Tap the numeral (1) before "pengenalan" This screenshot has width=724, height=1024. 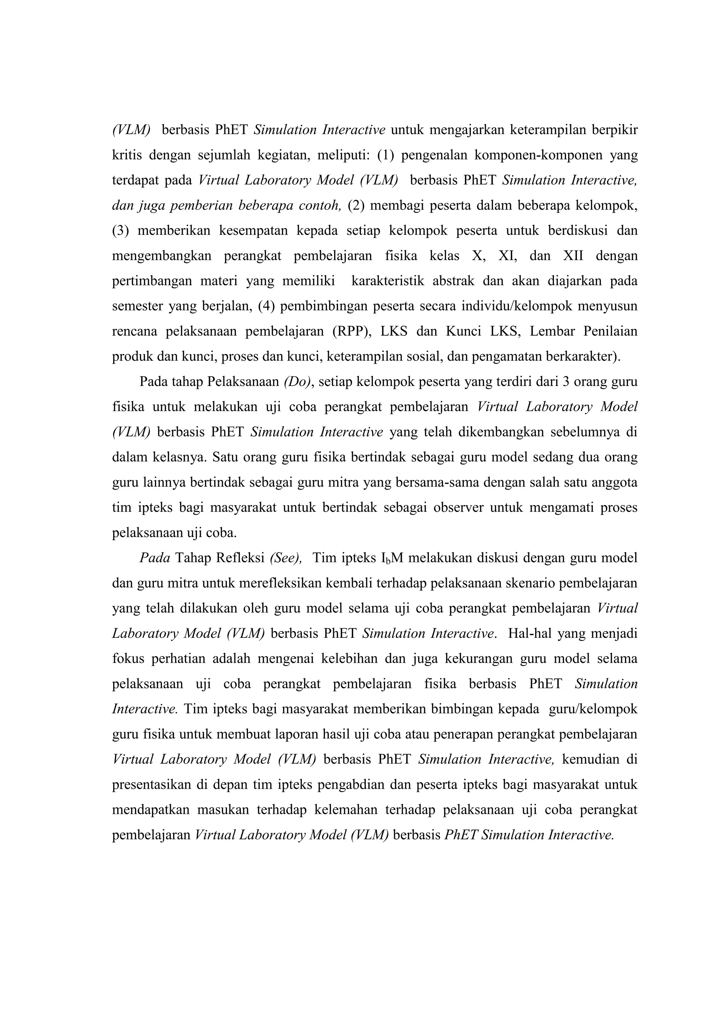pos(386,155)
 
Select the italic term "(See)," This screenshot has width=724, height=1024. pos(286,558)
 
